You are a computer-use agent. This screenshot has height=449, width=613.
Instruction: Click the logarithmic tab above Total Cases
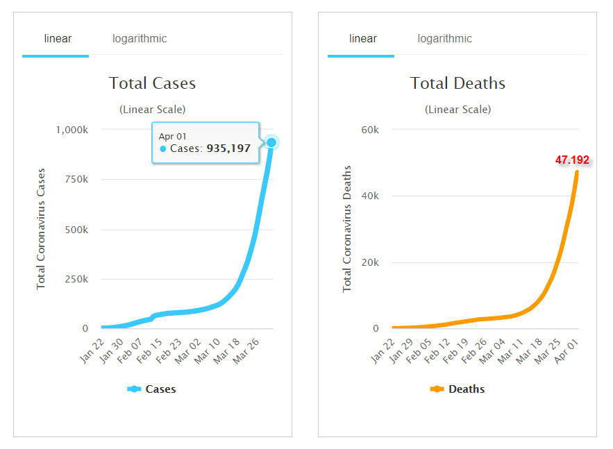[x=140, y=39]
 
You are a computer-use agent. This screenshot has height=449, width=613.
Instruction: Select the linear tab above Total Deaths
[x=363, y=39]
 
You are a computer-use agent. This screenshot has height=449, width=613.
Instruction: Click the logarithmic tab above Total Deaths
[x=444, y=39]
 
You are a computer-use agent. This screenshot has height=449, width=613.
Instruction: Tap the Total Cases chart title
[x=152, y=83]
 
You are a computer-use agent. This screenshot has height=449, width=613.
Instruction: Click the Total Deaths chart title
[x=457, y=83]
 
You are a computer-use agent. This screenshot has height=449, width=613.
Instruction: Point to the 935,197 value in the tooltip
[x=228, y=149]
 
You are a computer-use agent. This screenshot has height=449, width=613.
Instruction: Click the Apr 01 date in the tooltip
[x=173, y=136]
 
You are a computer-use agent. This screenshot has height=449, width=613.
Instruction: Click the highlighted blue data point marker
[x=271, y=142]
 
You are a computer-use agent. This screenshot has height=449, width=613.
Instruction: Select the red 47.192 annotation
[x=572, y=160]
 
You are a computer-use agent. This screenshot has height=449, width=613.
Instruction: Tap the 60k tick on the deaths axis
[x=369, y=129]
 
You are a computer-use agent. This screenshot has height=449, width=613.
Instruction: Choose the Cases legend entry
[x=152, y=389]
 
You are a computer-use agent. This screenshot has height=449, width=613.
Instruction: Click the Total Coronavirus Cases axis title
[x=41, y=228]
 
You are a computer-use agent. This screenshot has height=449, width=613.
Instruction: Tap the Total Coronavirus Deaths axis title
[x=347, y=228]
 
